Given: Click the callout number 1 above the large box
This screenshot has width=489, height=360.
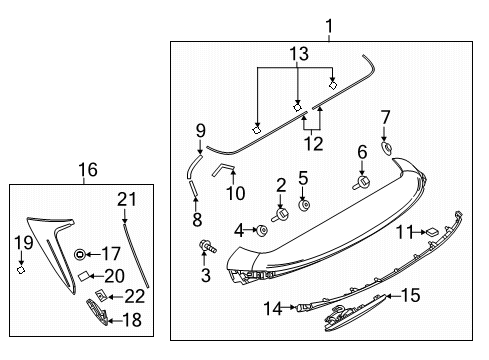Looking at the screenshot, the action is point(329,26).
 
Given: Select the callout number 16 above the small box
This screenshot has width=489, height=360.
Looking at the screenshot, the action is point(88,170).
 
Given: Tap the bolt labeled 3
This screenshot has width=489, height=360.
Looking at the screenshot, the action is point(207,247).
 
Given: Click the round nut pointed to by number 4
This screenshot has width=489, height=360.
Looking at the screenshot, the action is point(261,230).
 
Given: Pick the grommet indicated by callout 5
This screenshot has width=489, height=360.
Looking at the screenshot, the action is point(304,205).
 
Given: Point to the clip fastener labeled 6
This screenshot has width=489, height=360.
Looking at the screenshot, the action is point(361,182).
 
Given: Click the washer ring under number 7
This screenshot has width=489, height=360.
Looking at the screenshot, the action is point(386,147).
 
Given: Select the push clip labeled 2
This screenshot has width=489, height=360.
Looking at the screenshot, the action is point(280,214).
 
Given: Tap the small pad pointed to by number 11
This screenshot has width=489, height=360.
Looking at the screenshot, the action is point(432,231).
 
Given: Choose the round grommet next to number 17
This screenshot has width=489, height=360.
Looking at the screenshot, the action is point(80,255).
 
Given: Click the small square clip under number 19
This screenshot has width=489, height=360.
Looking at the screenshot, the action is point(21,270).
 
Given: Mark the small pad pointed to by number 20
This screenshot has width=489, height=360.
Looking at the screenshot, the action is point(84,275).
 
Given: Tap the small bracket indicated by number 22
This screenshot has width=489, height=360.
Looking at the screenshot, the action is point(101,294).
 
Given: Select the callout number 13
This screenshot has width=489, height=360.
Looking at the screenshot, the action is point(299,54).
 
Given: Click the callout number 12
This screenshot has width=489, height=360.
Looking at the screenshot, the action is point(313,144).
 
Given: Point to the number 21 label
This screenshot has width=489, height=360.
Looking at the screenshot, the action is point(127,199).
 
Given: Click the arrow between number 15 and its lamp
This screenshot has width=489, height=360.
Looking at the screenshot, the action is point(393,296).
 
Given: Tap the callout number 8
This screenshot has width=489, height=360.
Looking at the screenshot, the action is point(197,220).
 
